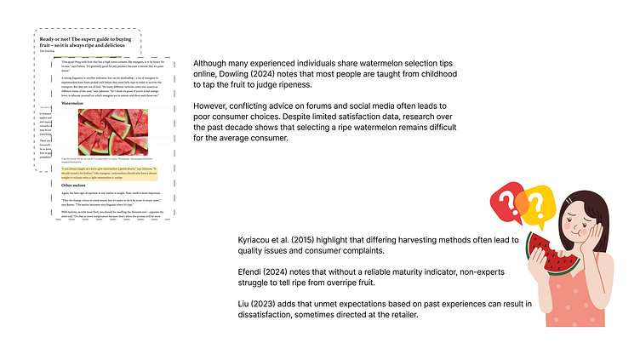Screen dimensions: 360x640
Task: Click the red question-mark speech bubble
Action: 507,202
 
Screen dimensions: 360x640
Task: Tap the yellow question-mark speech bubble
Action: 536,205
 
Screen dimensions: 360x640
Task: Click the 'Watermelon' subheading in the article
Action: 72,104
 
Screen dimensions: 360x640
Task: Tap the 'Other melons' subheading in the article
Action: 74,185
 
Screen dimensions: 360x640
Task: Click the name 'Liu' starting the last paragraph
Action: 244,304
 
